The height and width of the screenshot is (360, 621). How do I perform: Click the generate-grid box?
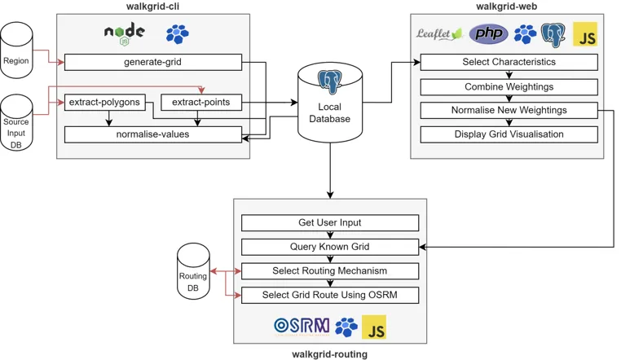pyautogui.click(x=153, y=62)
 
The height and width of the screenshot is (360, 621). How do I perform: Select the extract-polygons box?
pyautogui.click(x=104, y=103)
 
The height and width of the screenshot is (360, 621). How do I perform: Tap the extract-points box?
pyautogui.click(x=201, y=103)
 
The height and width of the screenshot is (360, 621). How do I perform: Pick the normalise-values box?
pyautogui.click(x=153, y=134)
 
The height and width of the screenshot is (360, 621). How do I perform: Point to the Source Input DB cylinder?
pyautogui.click(x=16, y=125)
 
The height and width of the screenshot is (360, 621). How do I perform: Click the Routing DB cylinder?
pyautogui.click(x=193, y=274)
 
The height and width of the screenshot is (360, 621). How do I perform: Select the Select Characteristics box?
pyautogui.click(x=509, y=62)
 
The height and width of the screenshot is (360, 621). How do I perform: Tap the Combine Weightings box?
pyautogui.click(x=509, y=86)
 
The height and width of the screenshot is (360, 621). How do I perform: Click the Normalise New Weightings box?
pyautogui.click(x=509, y=110)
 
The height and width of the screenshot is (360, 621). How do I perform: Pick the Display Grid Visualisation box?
pyautogui.click(x=509, y=134)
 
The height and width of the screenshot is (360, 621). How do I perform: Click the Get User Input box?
pyautogui.click(x=330, y=222)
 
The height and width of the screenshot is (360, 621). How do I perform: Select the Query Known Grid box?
pyautogui.click(x=330, y=247)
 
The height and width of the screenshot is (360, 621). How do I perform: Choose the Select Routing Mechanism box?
pyautogui.click(x=330, y=270)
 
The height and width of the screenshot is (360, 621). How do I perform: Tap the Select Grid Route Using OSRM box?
pyautogui.click(x=330, y=295)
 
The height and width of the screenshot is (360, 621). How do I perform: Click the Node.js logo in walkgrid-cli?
pyautogui.click(x=124, y=33)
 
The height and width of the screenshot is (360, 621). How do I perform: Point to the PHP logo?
pyautogui.click(x=489, y=34)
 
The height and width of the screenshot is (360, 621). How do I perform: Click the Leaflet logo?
pyautogui.click(x=439, y=34)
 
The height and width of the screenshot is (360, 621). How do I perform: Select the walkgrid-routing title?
pyautogui.click(x=329, y=354)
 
